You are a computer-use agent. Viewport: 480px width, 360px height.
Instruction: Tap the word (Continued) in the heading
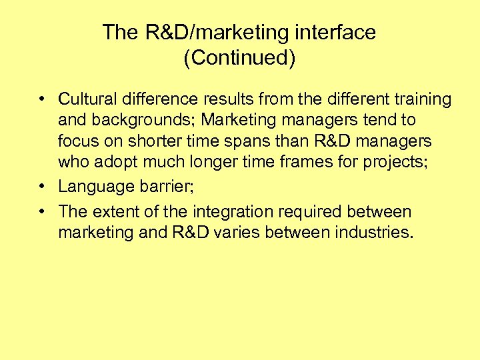pyautogui.click(x=239, y=58)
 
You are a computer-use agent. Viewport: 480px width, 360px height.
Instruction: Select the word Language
pyautogui.click(x=97, y=187)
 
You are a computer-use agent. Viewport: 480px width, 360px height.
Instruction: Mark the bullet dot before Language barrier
pyautogui.click(x=42, y=187)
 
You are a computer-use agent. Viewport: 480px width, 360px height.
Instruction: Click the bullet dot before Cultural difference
pyautogui.click(x=42, y=99)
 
